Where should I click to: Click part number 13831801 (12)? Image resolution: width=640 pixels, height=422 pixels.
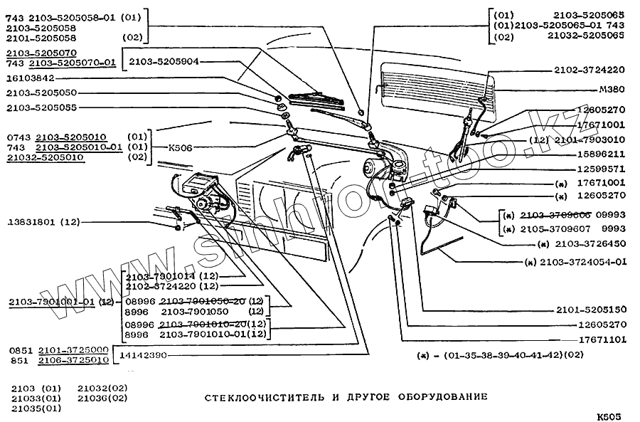43,221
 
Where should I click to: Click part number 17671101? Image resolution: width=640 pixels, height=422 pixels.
602,339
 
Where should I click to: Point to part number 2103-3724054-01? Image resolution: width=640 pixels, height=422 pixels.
580,262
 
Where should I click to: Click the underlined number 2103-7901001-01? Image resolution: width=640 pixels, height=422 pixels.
52,302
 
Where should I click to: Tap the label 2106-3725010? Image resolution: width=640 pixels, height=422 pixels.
73,360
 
